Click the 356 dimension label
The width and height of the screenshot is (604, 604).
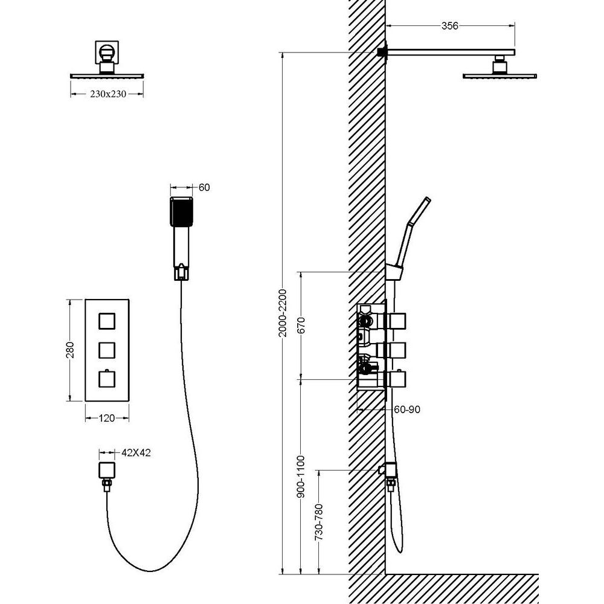449,26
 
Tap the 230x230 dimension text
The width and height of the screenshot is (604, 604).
108,94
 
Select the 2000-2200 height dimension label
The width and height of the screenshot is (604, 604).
283,313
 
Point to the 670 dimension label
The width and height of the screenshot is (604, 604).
301,325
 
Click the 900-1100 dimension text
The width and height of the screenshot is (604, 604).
301,477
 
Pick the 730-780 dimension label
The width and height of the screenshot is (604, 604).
319,522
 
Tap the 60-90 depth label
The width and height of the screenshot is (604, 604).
406,410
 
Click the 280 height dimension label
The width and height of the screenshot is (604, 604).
70,350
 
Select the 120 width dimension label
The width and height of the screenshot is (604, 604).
107,418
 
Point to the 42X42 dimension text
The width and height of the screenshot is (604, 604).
136,452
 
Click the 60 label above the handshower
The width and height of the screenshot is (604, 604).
204,187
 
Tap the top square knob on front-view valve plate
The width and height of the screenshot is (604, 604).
107,321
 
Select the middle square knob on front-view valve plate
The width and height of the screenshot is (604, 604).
107,350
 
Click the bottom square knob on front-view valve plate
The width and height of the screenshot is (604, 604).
107,379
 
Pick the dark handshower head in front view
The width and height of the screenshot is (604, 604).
181,211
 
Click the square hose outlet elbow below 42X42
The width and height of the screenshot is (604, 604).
107,470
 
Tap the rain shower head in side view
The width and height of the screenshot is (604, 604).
500,75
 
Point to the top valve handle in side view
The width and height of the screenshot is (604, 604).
395,321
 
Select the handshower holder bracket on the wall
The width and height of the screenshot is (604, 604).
393,272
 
